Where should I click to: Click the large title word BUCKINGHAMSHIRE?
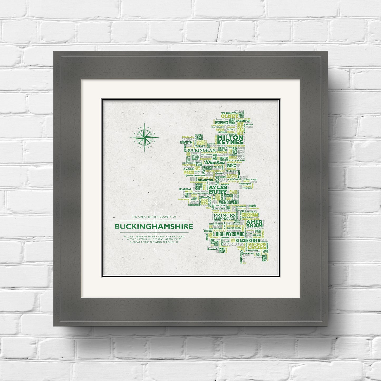(154, 226)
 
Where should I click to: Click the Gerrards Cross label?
(257, 246)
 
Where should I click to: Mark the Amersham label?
(254, 224)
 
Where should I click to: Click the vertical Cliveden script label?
(242, 257)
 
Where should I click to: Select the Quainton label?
(205, 180)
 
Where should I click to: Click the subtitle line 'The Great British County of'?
(154, 217)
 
